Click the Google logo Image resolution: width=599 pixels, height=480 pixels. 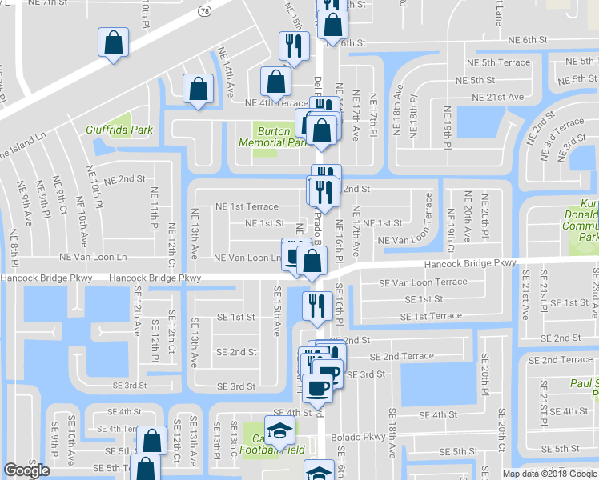point(26,470)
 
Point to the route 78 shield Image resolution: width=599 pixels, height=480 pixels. point(205,11)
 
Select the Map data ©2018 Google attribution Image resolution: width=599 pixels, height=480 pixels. point(549,474)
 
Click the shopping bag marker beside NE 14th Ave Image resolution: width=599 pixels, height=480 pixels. point(198,91)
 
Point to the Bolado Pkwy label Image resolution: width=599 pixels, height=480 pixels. point(364,438)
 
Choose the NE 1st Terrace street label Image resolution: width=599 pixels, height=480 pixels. point(246,206)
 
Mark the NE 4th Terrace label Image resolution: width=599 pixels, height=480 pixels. point(276,103)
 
